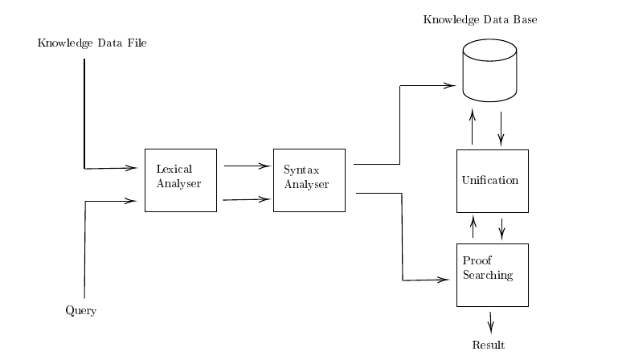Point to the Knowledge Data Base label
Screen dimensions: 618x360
480,20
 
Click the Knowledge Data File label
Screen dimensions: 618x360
92,43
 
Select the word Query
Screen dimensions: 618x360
81,311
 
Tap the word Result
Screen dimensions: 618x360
489,345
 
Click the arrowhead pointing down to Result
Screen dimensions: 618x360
491,329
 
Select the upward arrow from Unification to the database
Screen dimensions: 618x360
473,127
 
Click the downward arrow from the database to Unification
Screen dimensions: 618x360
501,129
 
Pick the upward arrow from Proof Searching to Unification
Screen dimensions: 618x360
473,227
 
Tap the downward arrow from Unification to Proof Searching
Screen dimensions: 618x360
501,230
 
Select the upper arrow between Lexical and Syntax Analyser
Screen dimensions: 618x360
248,166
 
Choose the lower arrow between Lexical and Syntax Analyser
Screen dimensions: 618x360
248,199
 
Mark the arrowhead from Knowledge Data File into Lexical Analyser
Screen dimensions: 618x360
131,168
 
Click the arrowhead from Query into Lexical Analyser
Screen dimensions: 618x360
130,201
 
